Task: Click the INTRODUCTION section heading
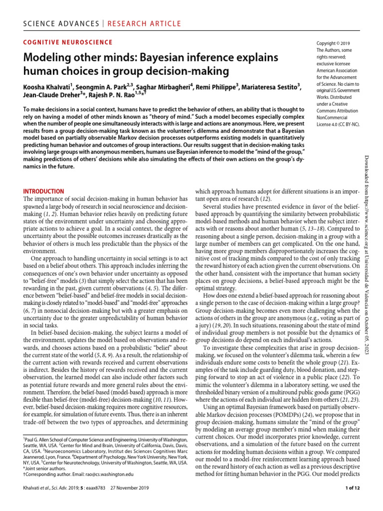(44, 191)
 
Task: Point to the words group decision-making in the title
(182, 71)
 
